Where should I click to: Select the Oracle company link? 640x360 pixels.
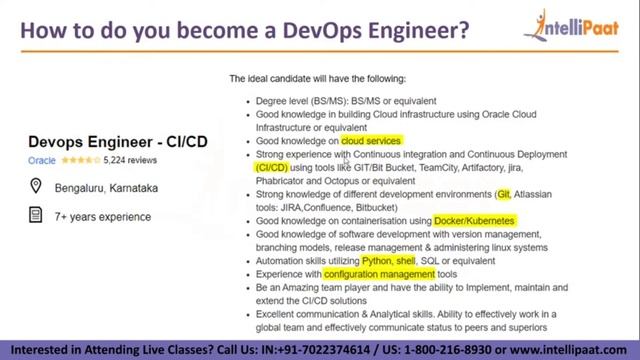coord(41,160)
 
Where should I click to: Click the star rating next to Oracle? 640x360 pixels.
coord(80,160)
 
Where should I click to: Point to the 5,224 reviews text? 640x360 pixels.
coord(130,160)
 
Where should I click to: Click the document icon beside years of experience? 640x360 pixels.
coord(36,215)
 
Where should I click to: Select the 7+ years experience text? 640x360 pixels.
coord(103,216)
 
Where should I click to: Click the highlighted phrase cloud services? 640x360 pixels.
coord(370,141)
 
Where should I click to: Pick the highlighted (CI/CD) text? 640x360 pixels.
coord(272,168)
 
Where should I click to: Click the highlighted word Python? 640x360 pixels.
coord(377,260)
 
